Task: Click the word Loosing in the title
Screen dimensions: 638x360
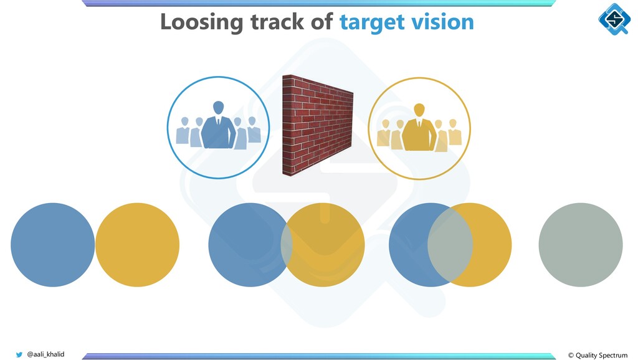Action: (x=201, y=22)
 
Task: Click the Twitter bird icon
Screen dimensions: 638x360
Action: (x=19, y=354)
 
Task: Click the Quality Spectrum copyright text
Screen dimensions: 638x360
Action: (x=598, y=355)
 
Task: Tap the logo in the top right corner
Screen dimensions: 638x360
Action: (x=613, y=19)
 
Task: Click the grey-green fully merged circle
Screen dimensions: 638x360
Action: (x=580, y=245)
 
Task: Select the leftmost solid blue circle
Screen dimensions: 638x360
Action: (x=52, y=245)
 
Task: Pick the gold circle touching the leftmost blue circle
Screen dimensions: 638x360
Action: (x=137, y=245)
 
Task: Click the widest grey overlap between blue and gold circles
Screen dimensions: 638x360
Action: (x=450, y=245)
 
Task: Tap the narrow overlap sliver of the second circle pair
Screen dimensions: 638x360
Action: (x=287, y=245)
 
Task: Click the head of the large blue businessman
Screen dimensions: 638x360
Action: (x=218, y=108)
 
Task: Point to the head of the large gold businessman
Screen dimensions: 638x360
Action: (x=419, y=110)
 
